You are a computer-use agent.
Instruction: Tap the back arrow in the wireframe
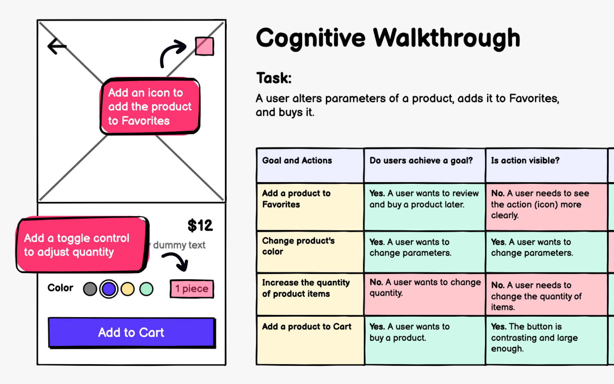(x=57, y=46)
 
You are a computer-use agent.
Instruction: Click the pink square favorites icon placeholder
(x=204, y=46)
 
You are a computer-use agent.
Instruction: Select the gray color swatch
(x=90, y=289)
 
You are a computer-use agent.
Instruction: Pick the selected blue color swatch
(x=109, y=289)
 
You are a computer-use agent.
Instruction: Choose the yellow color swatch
(x=128, y=289)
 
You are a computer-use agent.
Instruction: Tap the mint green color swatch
(x=146, y=289)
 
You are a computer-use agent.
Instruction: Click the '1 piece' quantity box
(x=192, y=289)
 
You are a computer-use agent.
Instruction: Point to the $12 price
(x=200, y=225)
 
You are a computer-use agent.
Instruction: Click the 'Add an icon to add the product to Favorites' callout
(x=150, y=106)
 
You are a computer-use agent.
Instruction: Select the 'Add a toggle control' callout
(x=82, y=245)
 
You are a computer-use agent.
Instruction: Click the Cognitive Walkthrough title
(x=388, y=38)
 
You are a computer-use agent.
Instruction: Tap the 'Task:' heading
(x=274, y=78)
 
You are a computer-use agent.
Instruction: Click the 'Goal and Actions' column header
(x=297, y=161)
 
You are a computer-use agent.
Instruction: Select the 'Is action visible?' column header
(x=525, y=161)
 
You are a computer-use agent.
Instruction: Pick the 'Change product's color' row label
(x=298, y=246)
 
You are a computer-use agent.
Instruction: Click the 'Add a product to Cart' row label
(x=307, y=327)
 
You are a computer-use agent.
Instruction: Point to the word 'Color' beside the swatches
(x=60, y=288)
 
